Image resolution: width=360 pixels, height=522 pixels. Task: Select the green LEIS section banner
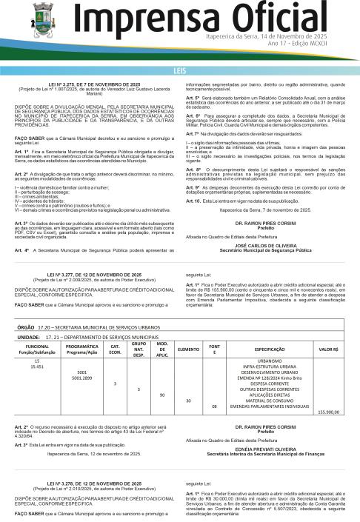[x=180, y=70]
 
